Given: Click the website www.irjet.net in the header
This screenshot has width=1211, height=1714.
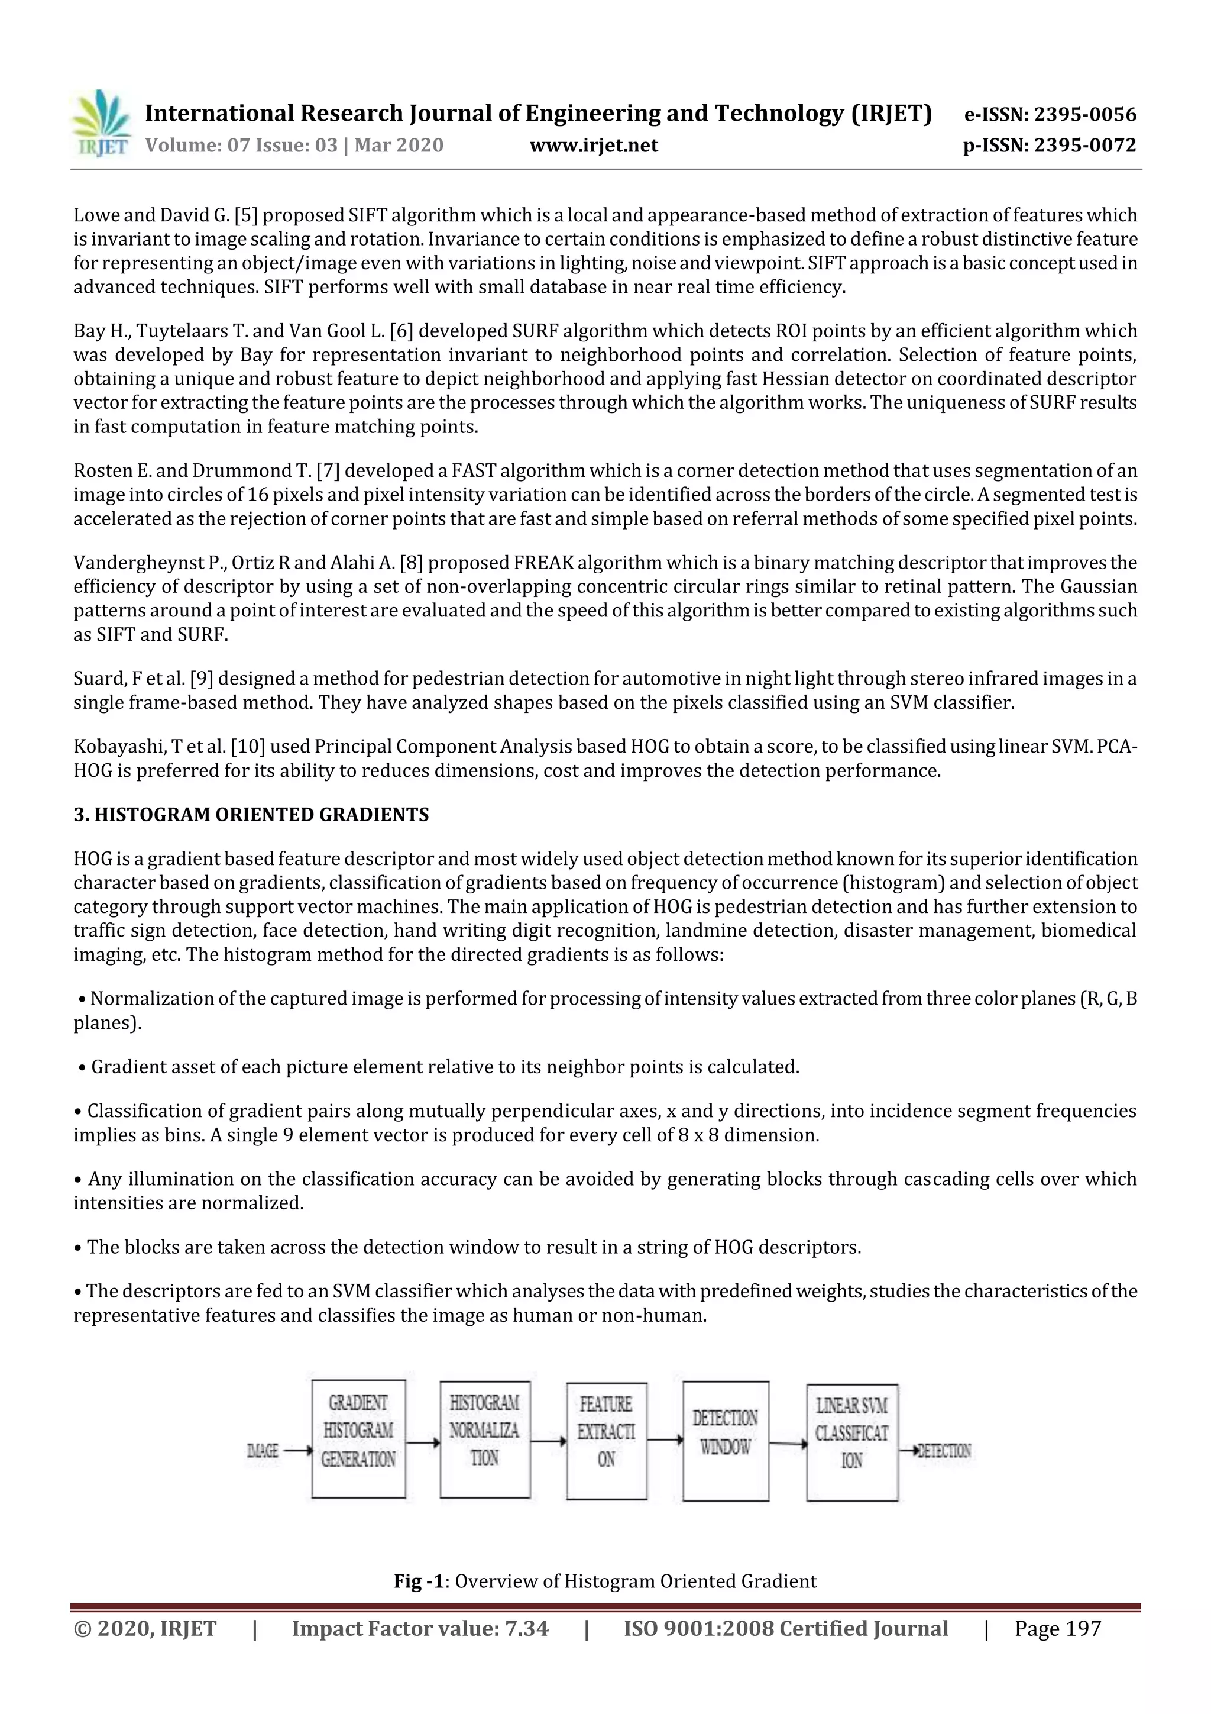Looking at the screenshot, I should (x=594, y=146).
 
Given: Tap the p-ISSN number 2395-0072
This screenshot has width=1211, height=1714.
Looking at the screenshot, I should (x=1086, y=146).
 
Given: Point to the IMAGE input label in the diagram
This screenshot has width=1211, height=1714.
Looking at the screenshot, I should (x=263, y=1451).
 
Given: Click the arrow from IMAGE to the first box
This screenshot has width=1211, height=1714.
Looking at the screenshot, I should (x=297, y=1451).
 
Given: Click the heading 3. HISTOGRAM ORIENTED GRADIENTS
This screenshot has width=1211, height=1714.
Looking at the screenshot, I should (x=251, y=815).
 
